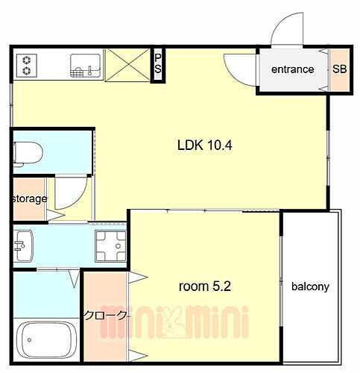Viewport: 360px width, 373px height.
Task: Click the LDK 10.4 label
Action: (204, 145)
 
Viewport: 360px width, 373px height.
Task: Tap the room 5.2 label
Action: (205, 286)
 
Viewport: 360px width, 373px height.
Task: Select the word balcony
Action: (310, 286)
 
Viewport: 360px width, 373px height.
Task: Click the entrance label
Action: (293, 69)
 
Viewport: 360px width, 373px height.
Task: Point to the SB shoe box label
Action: (340, 69)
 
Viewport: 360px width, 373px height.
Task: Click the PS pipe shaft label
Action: (158, 63)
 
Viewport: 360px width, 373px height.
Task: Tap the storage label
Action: (30, 198)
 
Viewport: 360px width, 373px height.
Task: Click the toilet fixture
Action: (28, 154)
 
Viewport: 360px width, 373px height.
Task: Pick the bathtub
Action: (46, 340)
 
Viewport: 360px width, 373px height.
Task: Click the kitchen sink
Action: (86, 66)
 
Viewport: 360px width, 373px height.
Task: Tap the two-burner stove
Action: (27, 66)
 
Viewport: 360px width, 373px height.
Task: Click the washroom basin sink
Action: (23, 245)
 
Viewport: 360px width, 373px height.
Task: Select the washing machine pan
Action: (111, 246)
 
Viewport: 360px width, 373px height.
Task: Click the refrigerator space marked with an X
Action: (127, 65)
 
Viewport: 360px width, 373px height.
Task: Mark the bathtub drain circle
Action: (30, 339)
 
